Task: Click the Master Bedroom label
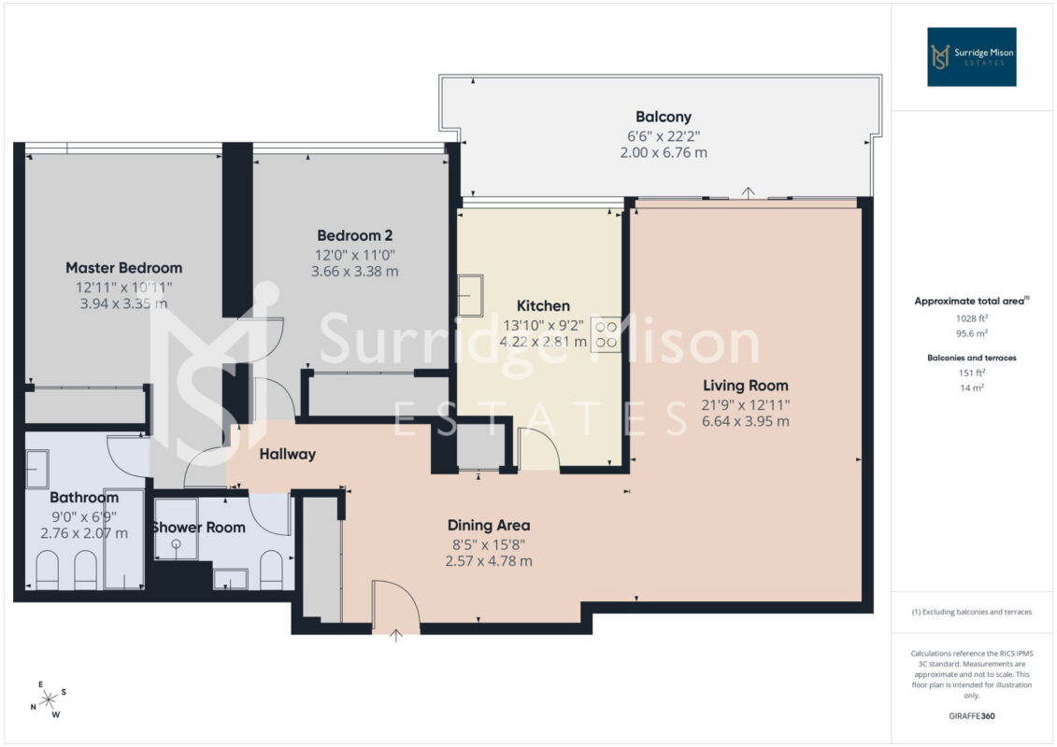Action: [x=124, y=268]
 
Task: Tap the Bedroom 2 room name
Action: [x=354, y=235]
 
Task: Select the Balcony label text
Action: [x=664, y=118]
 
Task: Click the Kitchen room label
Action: [x=543, y=306]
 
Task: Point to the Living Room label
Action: [x=746, y=386]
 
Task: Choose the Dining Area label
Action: [x=489, y=526]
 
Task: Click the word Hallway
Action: [x=288, y=455]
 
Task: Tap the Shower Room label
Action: [x=199, y=528]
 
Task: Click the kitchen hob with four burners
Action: [x=606, y=334]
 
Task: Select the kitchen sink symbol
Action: [x=470, y=295]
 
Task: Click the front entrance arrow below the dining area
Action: [x=395, y=635]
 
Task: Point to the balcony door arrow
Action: [x=748, y=192]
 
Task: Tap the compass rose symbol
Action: [x=50, y=700]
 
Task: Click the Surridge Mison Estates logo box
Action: [x=971, y=57]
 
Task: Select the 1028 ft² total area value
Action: [x=971, y=318]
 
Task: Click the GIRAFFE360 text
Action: [x=971, y=716]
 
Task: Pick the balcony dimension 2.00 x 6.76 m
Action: [x=664, y=153]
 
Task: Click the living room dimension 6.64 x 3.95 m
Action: [x=746, y=422]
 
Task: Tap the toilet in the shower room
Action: [x=271, y=570]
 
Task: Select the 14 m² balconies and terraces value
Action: [x=971, y=388]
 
